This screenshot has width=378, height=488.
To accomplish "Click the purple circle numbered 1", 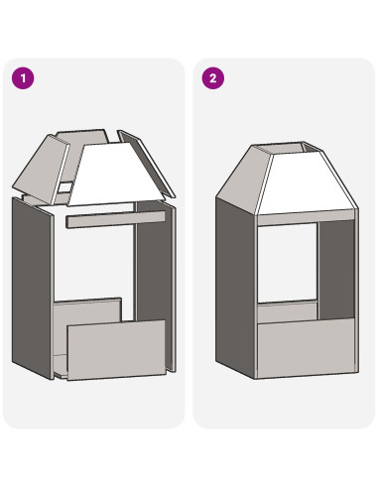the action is click(x=23, y=78).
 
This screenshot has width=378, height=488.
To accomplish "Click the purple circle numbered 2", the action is click(x=213, y=78).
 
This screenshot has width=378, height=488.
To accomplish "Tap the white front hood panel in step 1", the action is click(x=116, y=176).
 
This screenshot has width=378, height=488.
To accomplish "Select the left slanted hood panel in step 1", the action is click(x=42, y=169).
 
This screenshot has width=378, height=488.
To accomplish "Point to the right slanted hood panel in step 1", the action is click(x=147, y=163).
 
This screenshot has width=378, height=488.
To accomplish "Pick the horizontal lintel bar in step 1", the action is click(x=116, y=219).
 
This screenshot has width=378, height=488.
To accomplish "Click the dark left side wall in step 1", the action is click(x=32, y=288).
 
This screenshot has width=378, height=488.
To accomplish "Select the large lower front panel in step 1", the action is click(x=116, y=350).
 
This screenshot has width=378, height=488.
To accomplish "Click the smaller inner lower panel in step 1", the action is click(x=86, y=312).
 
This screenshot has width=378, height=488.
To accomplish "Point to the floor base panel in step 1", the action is click(x=61, y=365).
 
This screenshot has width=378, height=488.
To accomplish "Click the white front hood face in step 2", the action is click(x=306, y=183).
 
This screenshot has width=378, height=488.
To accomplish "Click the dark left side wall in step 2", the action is click(x=236, y=288).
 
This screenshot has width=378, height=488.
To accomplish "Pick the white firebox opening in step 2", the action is click(x=287, y=263).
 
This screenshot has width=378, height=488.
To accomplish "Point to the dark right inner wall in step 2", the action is click(x=336, y=270).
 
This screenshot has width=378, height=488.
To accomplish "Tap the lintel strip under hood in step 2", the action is click(x=306, y=218).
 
